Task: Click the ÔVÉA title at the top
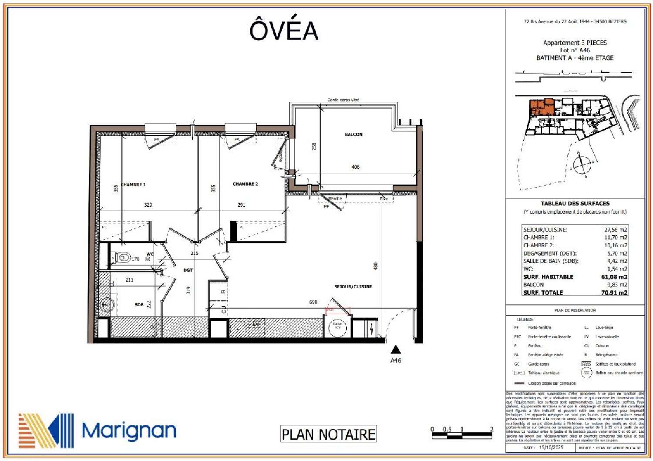[x=283, y=30]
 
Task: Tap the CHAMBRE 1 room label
[x=133, y=185]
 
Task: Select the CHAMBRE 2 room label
[x=245, y=184]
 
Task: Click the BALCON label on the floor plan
[x=353, y=135]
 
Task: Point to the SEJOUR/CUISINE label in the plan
[x=353, y=286]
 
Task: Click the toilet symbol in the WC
[x=123, y=258]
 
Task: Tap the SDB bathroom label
[x=139, y=305]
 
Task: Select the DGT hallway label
[x=188, y=270]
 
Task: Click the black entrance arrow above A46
[x=395, y=349]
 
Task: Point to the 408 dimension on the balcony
[x=355, y=167]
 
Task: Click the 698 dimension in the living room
[x=313, y=302]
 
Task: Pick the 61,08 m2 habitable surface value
[x=614, y=277]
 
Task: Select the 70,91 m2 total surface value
[x=614, y=293]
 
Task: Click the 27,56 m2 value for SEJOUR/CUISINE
[x=616, y=229]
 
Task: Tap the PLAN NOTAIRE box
[x=328, y=434]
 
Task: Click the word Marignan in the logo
[x=129, y=431]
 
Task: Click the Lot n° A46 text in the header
[x=575, y=50]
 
